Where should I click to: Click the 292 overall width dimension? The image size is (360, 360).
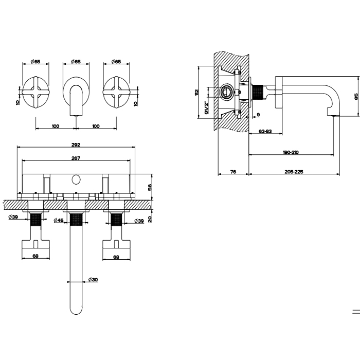click(x=77, y=145)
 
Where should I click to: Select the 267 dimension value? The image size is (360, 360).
click(x=76, y=158)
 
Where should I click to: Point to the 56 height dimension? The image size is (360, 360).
click(x=150, y=187)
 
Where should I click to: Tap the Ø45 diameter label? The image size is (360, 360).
click(x=59, y=221)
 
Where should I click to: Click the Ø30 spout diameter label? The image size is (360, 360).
click(x=93, y=279)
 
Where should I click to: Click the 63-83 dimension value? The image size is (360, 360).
click(x=266, y=132)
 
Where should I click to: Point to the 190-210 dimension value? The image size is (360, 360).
click(x=291, y=152)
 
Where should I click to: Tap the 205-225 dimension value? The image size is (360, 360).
click(x=294, y=172)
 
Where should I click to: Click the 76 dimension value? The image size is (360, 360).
click(x=233, y=172)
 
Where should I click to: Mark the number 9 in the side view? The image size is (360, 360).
click(x=258, y=114)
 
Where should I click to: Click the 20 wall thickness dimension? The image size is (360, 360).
click(x=150, y=218)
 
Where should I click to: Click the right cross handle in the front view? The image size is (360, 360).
click(x=116, y=92)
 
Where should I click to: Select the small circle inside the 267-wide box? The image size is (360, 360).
click(x=76, y=180)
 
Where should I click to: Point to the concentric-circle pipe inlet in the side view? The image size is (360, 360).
click(x=225, y=93)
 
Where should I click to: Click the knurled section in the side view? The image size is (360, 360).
click(x=258, y=93)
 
